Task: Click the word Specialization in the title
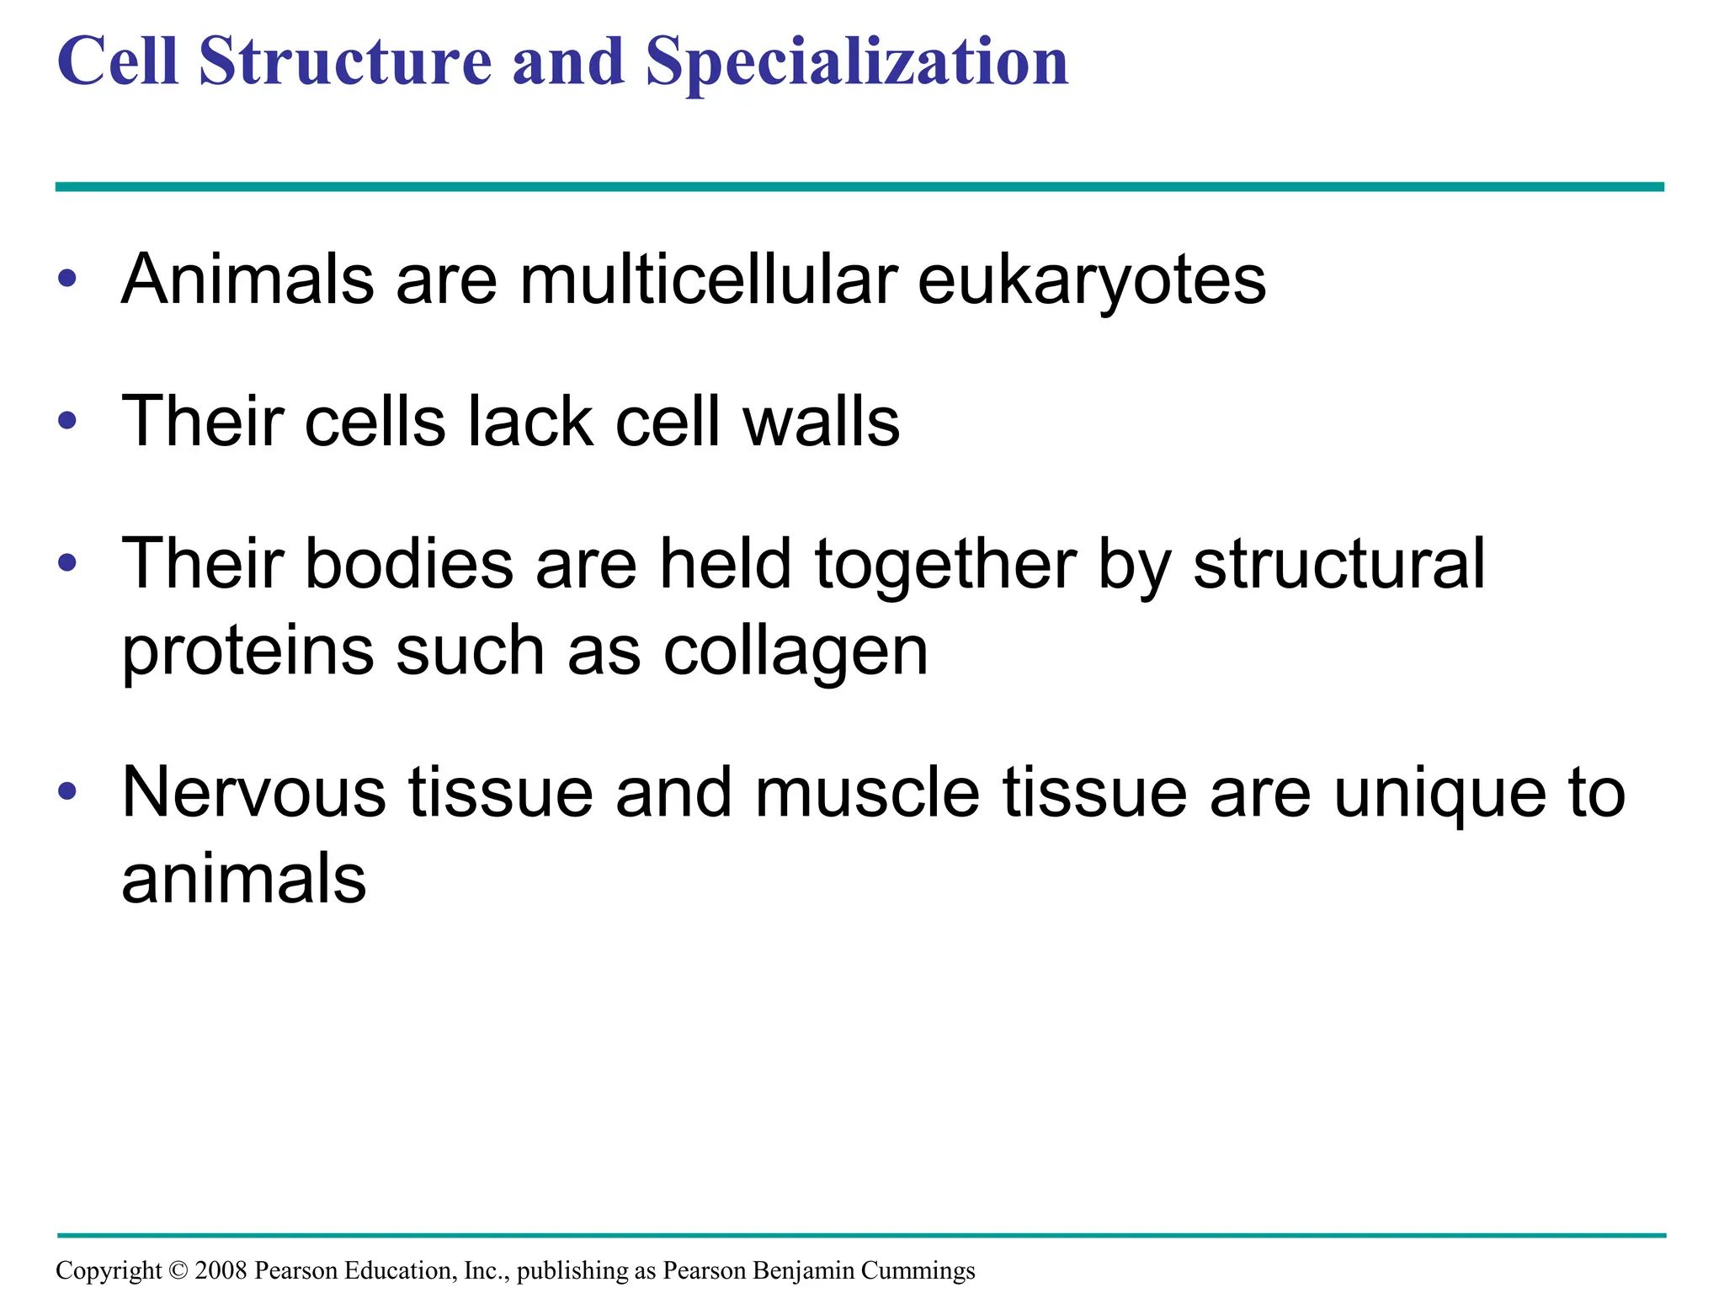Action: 857,62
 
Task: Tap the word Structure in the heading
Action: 345,62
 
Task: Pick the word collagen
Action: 795,652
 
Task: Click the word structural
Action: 1338,564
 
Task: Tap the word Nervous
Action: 254,793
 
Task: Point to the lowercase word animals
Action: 244,879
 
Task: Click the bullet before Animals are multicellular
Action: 67,279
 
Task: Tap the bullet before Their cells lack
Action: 67,420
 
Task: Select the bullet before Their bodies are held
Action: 67,562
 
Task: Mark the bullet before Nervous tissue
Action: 67,791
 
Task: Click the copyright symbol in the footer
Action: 178,1270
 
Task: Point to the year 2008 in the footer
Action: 221,1270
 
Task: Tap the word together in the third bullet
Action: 945,564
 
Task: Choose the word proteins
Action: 247,652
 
